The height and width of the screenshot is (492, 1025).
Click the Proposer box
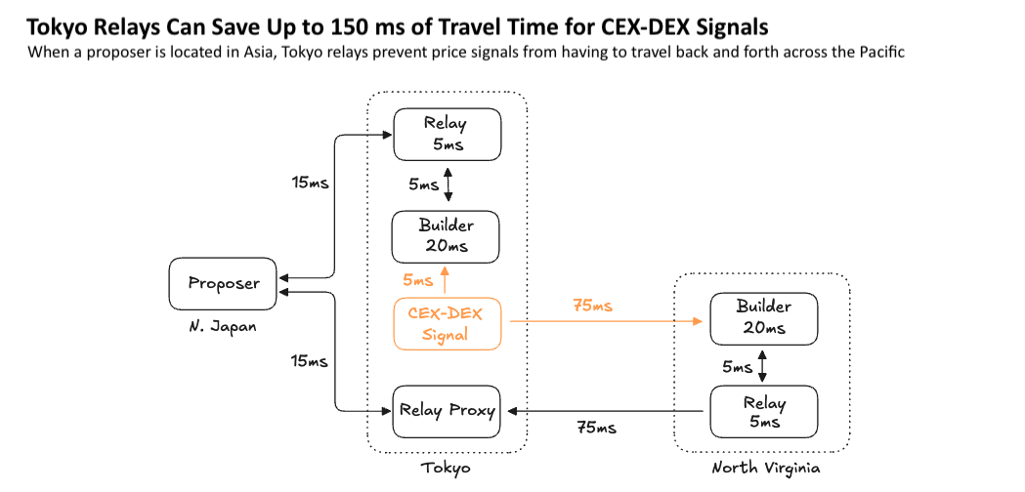coord(224,283)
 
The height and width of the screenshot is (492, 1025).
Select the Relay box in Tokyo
coord(447,135)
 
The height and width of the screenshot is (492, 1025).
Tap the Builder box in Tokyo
coord(446,236)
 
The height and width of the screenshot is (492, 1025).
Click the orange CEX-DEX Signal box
coord(447,323)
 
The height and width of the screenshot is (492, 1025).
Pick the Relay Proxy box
coord(447,411)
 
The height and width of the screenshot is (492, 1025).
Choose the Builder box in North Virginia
coord(762,318)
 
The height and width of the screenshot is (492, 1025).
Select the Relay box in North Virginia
coord(762,412)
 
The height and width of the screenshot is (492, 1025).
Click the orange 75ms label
coord(592,307)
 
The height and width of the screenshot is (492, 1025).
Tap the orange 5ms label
coord(417,280)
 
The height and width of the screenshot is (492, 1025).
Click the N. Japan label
coord(224,327)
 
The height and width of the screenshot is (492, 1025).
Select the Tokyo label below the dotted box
coord(446,469)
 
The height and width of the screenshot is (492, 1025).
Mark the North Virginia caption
coord(762,469)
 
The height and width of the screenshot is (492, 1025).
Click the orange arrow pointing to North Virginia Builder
coord(606,320)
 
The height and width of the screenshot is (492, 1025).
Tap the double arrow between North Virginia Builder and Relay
coord(762,366)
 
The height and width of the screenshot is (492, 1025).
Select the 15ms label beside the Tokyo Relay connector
coord(310,184)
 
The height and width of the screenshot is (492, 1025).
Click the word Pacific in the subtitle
coord(877,52)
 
